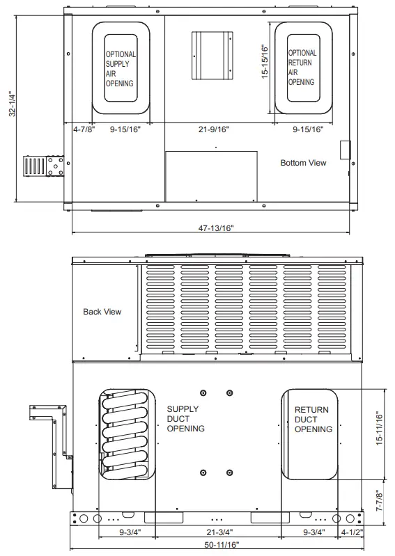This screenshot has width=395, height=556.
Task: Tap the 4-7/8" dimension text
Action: [x=84, y=129]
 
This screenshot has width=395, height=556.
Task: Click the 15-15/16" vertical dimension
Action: [x=265, y=67]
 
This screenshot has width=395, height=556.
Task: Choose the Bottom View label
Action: [x=303, y=163]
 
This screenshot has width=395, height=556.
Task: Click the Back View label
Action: [x=102, y=312]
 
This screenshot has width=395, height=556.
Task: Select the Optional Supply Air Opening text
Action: [x=121, y=68]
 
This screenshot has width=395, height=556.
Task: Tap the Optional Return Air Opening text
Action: [x=302, y=67]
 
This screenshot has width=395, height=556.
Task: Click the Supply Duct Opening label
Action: [x=185, y=419]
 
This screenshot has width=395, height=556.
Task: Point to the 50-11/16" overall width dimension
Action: [x=217, y=544]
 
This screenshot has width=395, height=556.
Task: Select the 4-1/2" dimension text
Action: [x=351, y=533]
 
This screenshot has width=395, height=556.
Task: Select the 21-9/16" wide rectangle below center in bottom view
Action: [x=211, y=176]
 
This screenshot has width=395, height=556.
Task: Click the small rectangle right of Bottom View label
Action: [x=343, y=150]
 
